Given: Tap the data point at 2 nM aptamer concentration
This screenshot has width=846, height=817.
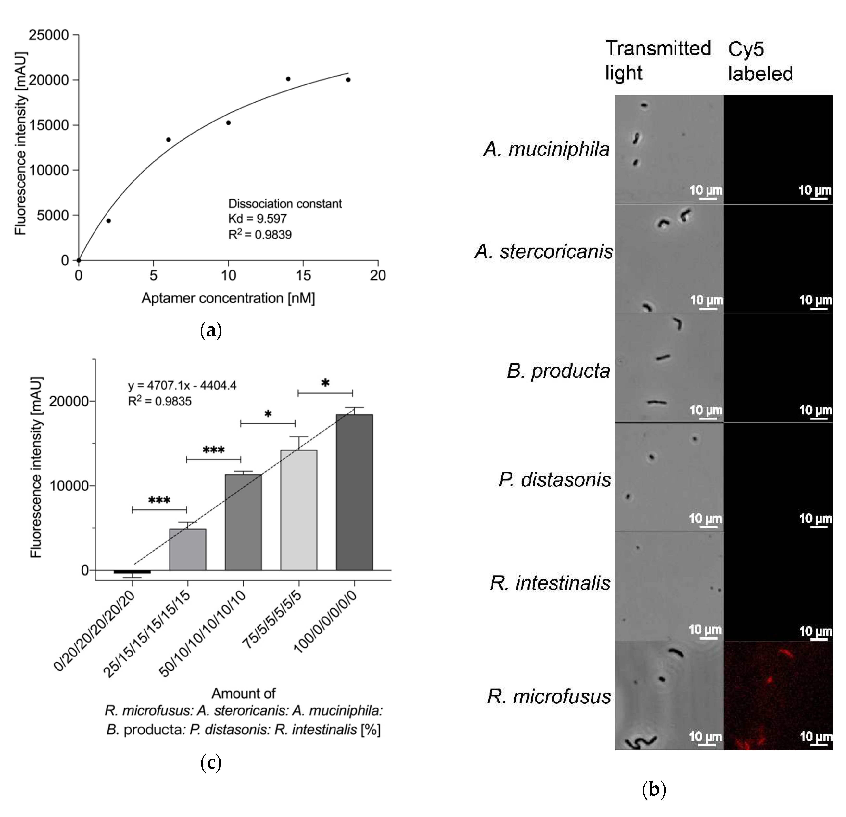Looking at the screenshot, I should [109, 221].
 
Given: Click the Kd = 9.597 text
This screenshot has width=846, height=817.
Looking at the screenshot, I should [257, 219].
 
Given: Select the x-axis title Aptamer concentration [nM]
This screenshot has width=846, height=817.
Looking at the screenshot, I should [228, 298].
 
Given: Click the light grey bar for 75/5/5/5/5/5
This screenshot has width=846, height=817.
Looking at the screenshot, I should [299, 510].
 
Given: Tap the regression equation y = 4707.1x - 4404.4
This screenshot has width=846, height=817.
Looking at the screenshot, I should [182, 385].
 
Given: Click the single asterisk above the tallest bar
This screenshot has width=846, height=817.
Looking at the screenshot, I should [325, 383].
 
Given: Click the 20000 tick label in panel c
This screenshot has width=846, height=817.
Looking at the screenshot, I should [69, 401].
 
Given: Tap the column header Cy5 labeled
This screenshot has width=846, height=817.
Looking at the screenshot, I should [760, 61].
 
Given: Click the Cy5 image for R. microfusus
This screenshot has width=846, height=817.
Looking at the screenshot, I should [778, 696].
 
